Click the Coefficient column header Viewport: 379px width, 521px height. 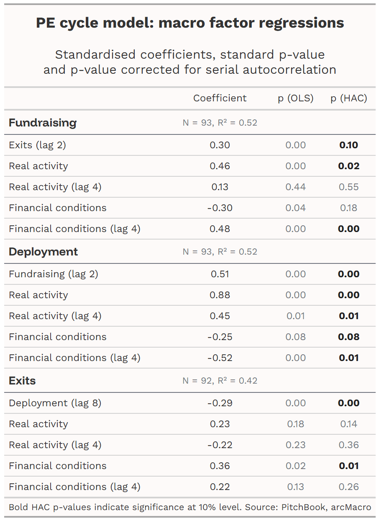(220, 98)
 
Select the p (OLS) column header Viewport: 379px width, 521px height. (295, 98)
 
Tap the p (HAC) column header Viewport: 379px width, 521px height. (348, 98)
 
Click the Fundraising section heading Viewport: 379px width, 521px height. (43, 123)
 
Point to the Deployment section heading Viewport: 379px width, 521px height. (43, 252)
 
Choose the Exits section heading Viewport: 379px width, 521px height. (22, 381)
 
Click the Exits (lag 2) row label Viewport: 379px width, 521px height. (37, 145)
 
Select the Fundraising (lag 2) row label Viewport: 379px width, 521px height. (54, 274)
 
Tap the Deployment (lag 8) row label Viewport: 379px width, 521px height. (55, 403)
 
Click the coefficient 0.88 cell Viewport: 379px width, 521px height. (220, 295)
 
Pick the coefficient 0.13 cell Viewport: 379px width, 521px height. (220, 187)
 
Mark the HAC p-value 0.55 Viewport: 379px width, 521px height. (348, 187)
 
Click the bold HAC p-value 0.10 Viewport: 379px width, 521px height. (348, 145)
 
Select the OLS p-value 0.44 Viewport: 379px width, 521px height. (295, 187)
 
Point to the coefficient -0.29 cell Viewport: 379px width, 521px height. (220, 403)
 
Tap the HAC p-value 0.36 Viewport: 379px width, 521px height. (348, 445)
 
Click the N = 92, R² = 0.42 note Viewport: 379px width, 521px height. (220, 381)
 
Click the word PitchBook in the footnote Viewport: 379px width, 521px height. (303, 507)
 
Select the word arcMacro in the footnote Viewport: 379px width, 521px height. (351, 507)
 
